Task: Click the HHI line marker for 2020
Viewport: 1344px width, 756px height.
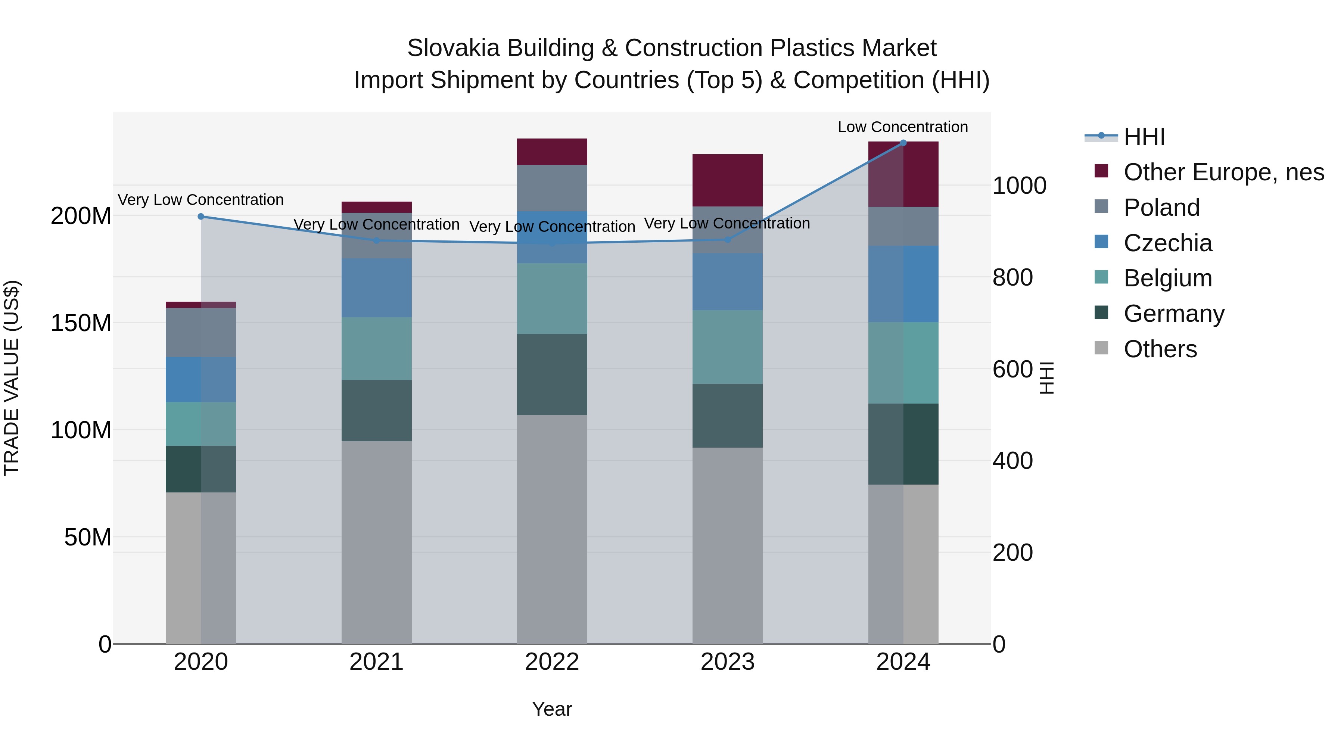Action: tap(201, 217)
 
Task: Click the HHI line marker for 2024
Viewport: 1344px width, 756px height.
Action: tap(903, 143)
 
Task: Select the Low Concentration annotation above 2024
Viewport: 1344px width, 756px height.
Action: tap(903, 127)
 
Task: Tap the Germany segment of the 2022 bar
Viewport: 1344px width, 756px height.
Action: tap(552, 374)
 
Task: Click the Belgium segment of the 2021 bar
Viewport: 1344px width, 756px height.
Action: tap(376, 349)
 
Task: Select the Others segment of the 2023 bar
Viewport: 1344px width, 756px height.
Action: tap(727, 545)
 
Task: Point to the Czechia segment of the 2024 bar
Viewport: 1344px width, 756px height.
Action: tap(903, 284)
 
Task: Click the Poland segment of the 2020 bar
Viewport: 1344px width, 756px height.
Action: tap(201, 332)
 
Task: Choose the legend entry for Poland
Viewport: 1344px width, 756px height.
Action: tap(1161, 208)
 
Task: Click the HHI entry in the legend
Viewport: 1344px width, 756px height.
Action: tap(1144, 137)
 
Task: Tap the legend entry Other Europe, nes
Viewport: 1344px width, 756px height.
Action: tap(1223, 172)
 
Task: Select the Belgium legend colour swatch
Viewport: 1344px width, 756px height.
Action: tap(1101, 277)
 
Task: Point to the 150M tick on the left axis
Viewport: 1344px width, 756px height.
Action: tap(81, 323)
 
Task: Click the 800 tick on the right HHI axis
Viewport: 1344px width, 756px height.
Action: tap(1012, 277)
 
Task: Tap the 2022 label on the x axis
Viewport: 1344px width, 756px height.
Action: tap(552, 662)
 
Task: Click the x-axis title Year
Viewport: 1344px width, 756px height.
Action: tap(552, 709)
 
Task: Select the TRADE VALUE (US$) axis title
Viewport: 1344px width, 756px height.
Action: tap(12, 378)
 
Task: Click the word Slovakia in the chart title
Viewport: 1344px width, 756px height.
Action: tap(448, 48)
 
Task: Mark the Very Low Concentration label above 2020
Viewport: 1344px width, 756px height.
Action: tap(201, 200)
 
